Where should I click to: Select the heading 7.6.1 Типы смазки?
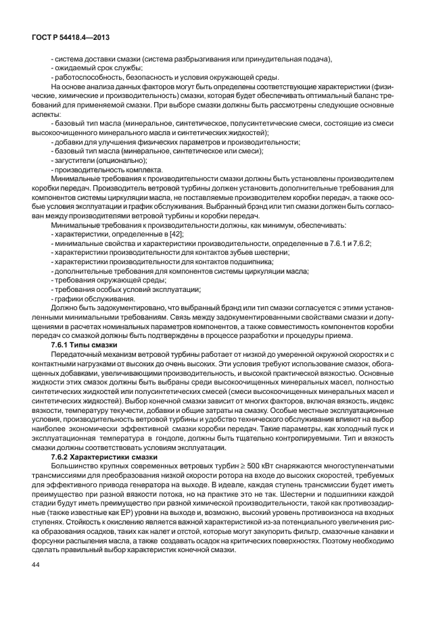click(80, 345)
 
